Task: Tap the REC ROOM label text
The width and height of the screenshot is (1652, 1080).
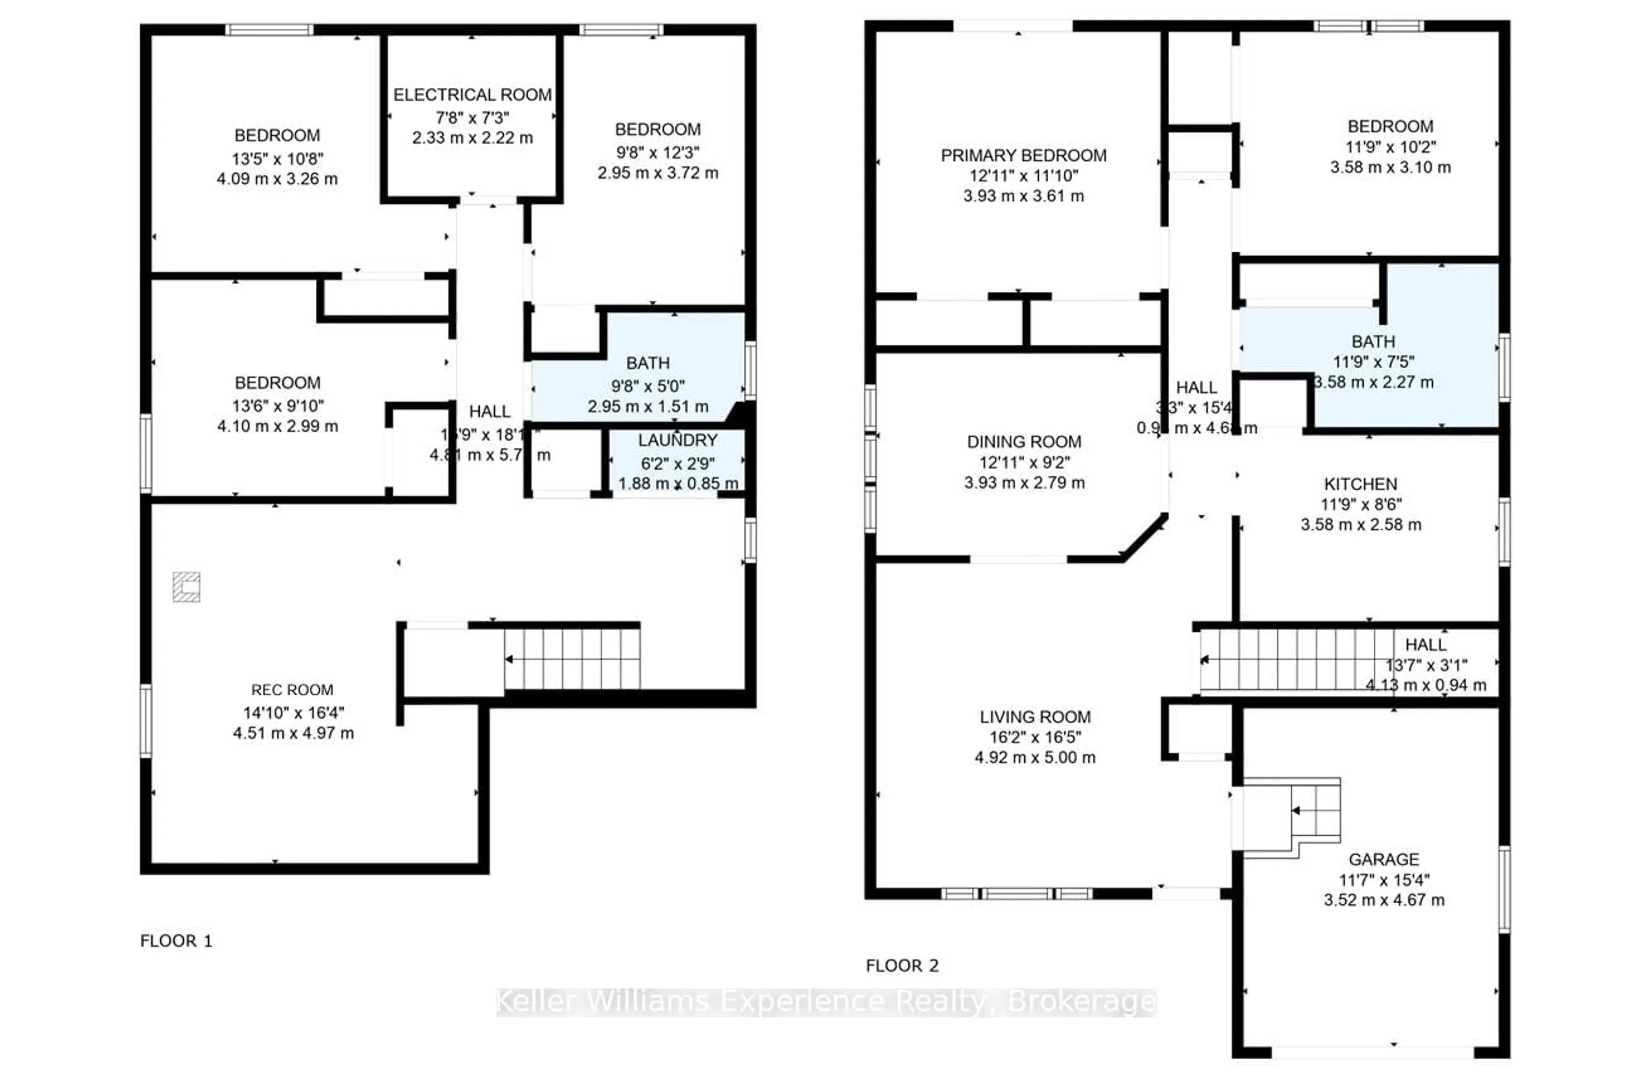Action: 292,690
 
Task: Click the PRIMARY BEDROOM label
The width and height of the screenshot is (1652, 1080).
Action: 1023,155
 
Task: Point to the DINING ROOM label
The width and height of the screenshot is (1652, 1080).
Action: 1024,442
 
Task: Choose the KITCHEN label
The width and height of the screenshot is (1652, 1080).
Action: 1360,484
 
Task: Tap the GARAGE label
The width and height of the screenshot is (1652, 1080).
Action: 1384,859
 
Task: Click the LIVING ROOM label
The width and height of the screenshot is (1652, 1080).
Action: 1035,717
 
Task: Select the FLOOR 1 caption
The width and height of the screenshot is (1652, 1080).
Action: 176,941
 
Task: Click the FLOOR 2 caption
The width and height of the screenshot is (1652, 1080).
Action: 902,966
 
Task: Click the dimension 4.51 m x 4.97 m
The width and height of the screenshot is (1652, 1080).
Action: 293,733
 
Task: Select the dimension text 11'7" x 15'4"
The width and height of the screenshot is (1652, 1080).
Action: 1384,880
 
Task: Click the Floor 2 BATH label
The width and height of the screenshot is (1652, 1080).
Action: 1372,342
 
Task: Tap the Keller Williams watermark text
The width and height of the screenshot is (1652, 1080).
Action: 826,1002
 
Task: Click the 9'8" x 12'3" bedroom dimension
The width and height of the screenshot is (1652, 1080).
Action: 657,152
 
